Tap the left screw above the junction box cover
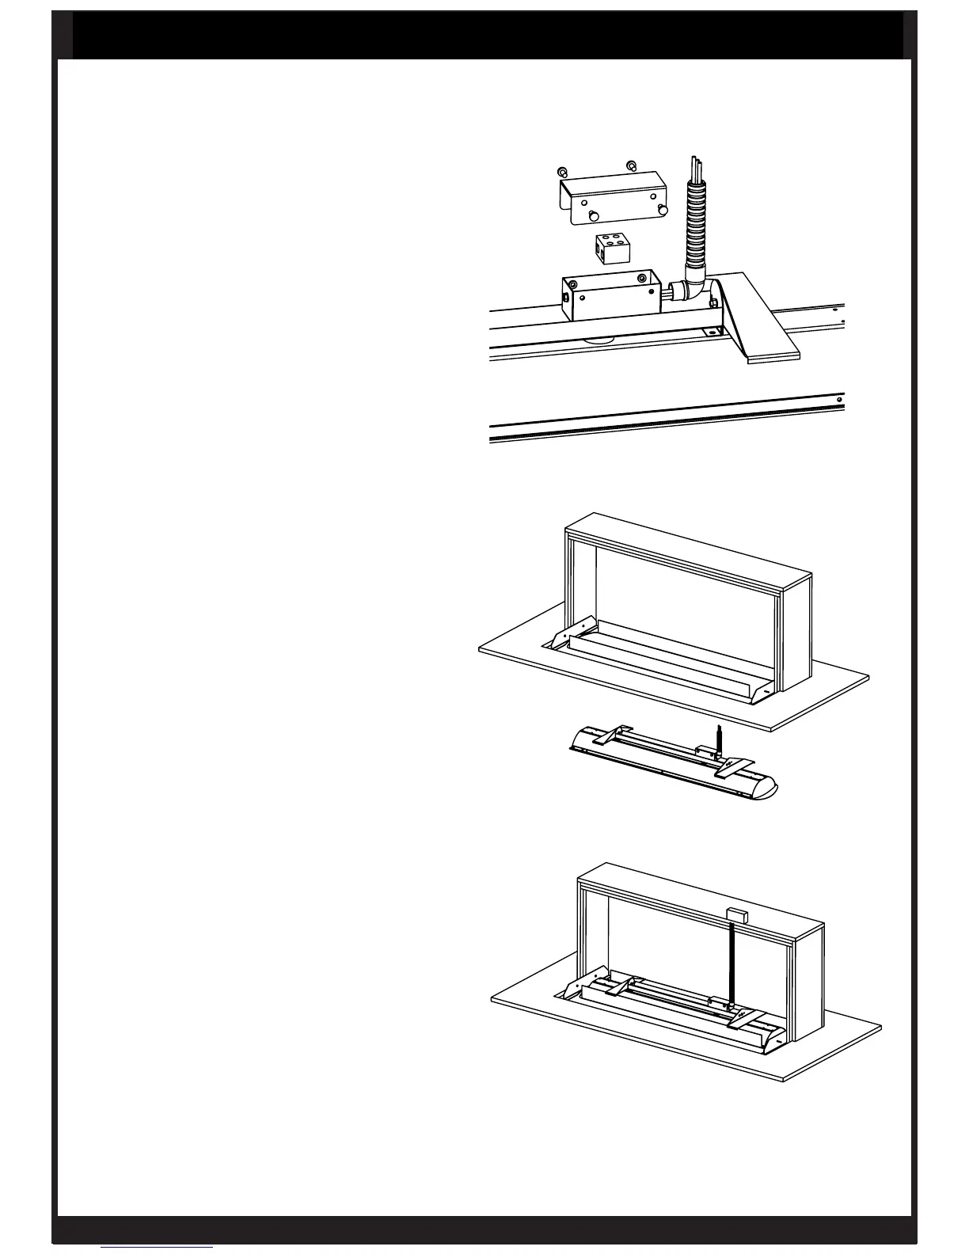[561, 172]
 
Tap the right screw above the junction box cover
[631, 165]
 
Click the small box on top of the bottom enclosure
[738, 914]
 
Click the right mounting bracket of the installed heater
[745, 1020]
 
